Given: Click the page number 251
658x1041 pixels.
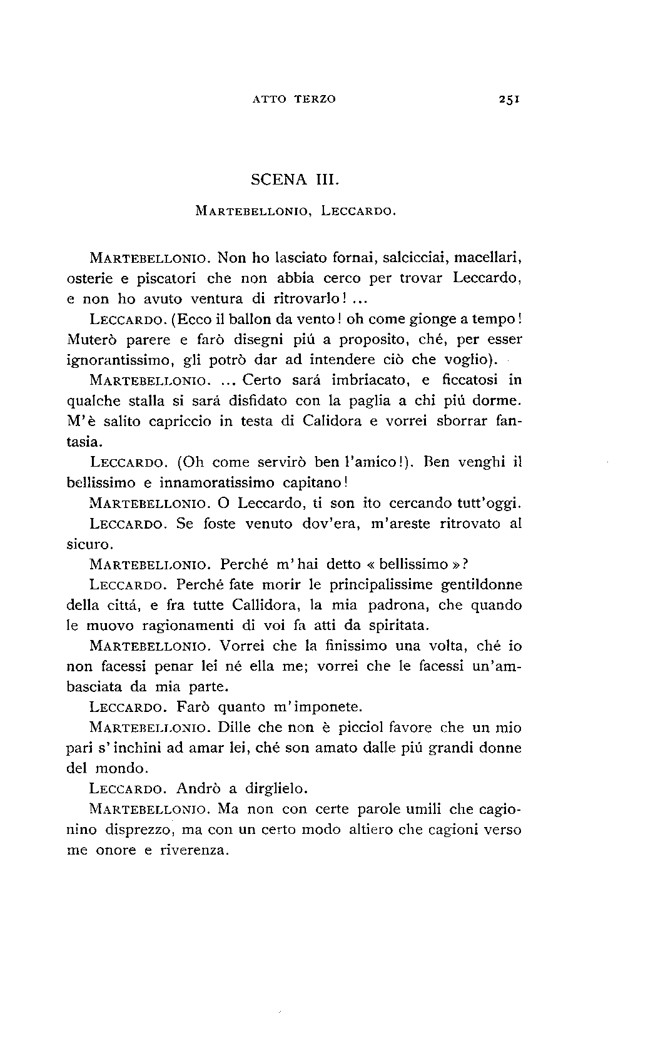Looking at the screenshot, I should point(511,98).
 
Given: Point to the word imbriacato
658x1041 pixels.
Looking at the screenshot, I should point(365,380).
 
